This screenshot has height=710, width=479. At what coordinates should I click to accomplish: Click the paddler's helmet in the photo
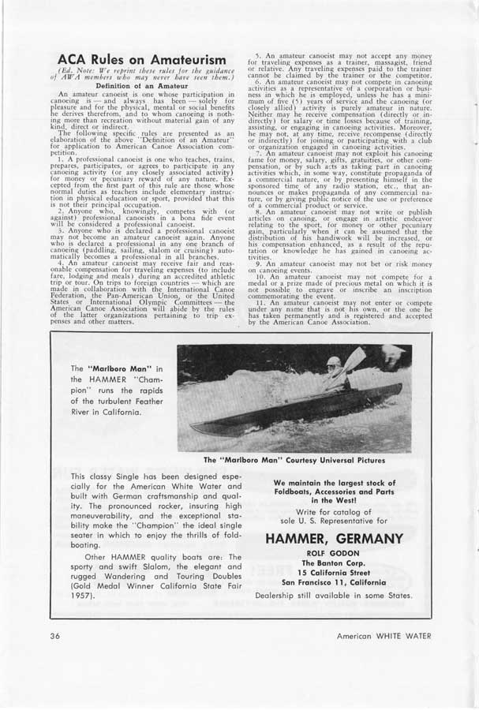pos(334,362)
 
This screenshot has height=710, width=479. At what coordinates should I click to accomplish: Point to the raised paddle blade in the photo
pos(355,359)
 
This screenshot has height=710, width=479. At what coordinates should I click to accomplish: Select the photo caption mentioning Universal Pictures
pos(294,460)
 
